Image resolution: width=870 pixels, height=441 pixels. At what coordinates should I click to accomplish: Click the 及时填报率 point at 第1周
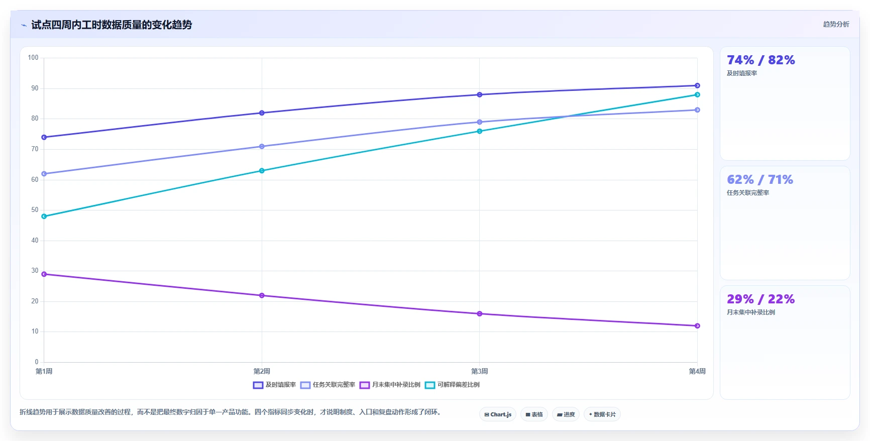pyautogui.click(x=44, y=137)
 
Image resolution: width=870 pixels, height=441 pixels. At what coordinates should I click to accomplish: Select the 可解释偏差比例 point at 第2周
pyautogui.click(x=262, y=171)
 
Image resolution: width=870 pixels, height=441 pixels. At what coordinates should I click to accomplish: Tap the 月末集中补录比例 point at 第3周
pyautogui.click(x=480, y=314)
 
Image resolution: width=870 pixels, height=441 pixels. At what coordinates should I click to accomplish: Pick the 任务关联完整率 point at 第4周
pyautogui.click(x=697, y=110)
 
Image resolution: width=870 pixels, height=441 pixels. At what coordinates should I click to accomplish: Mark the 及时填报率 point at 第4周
pyautogui.click(x=697, y=86)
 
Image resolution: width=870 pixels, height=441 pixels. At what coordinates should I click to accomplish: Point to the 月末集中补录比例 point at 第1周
pyautogui.click(x=44, y=274)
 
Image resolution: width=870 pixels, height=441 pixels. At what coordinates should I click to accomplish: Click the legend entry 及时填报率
pyautogui.click(x=274, y=385)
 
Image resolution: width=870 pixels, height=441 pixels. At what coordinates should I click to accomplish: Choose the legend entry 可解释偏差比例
pyautogui.click(x=452, y=385)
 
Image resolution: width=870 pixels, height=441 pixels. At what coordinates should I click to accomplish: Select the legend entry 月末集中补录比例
pyautogui.click(x=390, y=385)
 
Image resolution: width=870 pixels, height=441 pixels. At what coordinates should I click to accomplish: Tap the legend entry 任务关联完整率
pyautogui.click(x=328, y=385)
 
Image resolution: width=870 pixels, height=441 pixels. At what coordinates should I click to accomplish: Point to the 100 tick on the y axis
pyautogui.click(x=33, y=58)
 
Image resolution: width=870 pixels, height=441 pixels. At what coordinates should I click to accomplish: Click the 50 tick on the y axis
pyautogui.click(x=35, y=210)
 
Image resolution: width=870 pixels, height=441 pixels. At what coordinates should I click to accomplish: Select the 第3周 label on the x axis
pyautogui.click(x=480, y=372)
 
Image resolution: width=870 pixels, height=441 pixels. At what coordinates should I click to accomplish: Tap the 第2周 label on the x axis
pyautogui.click(x=262, y=372)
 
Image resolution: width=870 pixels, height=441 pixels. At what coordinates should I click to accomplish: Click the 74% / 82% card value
pyautogui.click(x=761, y=60)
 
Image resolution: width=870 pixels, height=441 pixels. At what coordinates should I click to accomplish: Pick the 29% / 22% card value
pyautogui.click(x=761, y=299)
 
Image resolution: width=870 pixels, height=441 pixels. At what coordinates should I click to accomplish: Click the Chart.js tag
pyautogui.click(x=498, y=414)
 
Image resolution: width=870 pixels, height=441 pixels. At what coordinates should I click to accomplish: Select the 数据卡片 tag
pyautogui.click(x=602, y=414)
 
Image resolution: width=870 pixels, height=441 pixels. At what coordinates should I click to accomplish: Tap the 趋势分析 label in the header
pyautogui.click(x=836, y=24)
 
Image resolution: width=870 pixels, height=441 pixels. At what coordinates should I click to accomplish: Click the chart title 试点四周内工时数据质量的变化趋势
pyautogui.click(x=112, y=25)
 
